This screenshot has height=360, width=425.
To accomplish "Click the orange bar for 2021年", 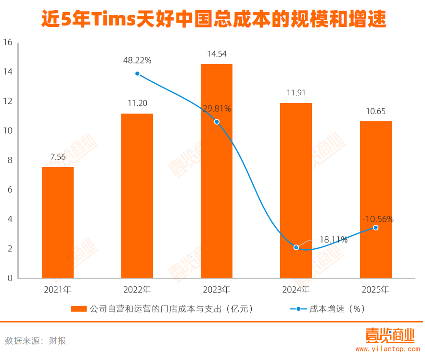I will [x=58, y=222].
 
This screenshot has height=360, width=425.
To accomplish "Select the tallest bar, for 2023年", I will [x=217, y=171].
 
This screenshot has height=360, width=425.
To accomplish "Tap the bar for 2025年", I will [x=375, y=200].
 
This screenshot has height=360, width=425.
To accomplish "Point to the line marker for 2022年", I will [x=137, y=74].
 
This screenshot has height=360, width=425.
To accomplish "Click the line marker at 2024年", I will [x=296, y=247].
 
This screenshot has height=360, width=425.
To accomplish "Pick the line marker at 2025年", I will [x=375, y=228].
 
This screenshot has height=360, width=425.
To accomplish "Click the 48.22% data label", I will [x=137, y=61].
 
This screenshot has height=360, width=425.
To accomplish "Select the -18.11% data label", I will [x=332, y=240].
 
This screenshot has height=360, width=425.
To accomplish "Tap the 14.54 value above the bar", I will [x=217, y=54].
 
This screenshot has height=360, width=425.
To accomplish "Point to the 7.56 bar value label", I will [x=58, y=157].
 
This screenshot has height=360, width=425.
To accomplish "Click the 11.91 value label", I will [x=296, y=93].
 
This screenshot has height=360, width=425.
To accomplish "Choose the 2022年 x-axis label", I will [x=137, y=290].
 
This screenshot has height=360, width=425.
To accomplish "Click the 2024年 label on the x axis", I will [x=296, y=290].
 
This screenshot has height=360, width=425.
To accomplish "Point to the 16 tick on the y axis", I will [x=7, y=42].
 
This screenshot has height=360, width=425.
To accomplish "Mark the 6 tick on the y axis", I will [x=9, y=190].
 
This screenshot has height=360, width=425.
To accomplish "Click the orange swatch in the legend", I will [x=78, y=309].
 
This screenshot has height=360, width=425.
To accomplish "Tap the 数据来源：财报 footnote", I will [x=36, y=341].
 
